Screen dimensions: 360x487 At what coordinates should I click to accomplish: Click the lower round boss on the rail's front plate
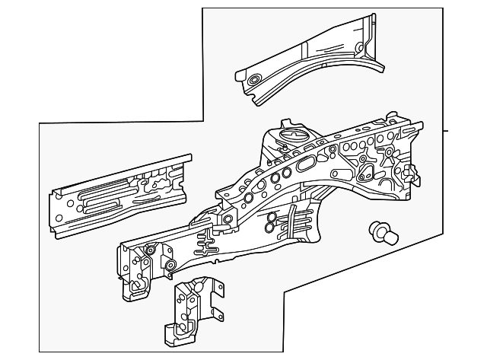170,265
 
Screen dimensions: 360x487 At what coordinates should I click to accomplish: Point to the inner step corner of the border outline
203,119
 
